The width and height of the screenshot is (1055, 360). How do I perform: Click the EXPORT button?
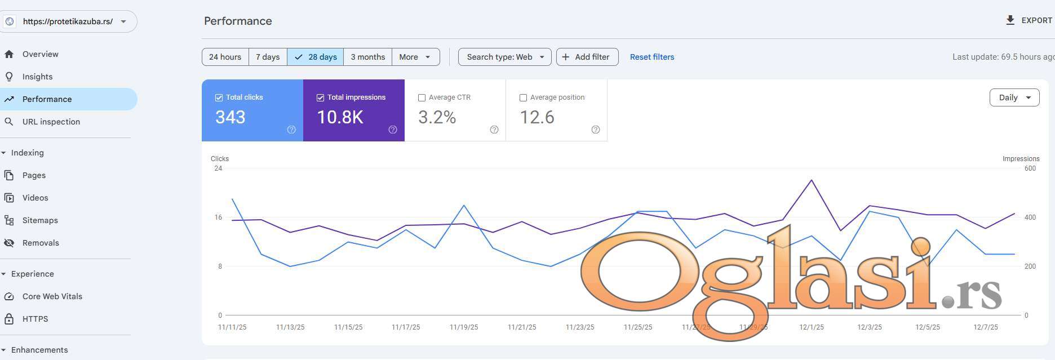tap(1029, 20)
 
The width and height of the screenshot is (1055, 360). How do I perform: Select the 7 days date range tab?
tap(268, 57)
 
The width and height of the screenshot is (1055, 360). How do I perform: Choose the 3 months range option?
tap(367, 57)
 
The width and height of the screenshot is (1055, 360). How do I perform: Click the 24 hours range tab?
tap(225, 57)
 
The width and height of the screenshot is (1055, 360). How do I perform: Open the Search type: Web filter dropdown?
tap(504, 57)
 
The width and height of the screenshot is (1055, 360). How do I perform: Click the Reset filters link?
tap(651, 57)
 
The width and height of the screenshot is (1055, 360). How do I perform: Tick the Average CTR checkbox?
tap(422, 97)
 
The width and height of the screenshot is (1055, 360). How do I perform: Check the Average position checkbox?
tap(523, 97)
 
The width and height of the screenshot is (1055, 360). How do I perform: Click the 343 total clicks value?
tap(230, 117)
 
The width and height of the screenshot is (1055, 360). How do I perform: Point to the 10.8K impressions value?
tap(340, 117)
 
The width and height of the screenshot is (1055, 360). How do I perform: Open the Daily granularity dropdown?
tap(1014, 97)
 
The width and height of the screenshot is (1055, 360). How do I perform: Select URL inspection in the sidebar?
tap(51, 122)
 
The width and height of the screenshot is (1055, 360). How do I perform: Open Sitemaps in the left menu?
tap(40, 220)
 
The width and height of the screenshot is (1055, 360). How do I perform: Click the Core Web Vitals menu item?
tap(52, 296)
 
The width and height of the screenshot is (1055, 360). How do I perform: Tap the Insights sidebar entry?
tap(37, 77)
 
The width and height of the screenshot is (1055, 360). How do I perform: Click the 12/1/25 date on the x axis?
tap(812, 327)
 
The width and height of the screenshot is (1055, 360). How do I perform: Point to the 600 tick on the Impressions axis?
tap(1030, 168)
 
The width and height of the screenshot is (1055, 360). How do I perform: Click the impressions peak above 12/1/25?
tap(812, 180)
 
